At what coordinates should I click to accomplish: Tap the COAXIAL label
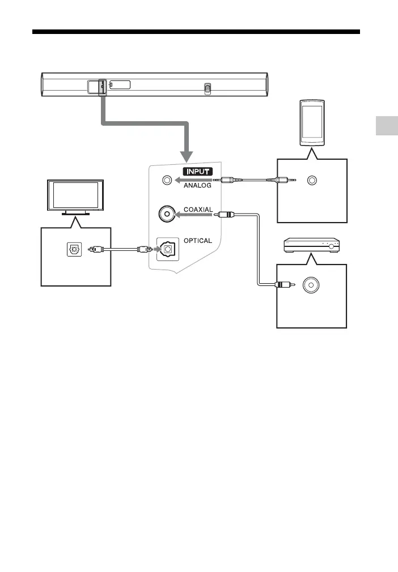(x=198, y=210)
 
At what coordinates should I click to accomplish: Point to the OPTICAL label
(x=197, y=240)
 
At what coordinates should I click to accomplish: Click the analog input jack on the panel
(x=166, y=181)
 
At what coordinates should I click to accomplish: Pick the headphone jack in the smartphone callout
(x=311, y=181)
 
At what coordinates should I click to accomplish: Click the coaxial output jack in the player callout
(x=311, y=285)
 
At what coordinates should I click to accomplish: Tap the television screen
(x=75, y=197)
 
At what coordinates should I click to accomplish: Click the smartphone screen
(x=311, y=123)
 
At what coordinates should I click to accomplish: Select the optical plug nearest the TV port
(x=99, y=249)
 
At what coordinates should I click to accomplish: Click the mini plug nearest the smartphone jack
(x=281, y=181)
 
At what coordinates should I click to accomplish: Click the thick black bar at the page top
(x=196, y=32)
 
